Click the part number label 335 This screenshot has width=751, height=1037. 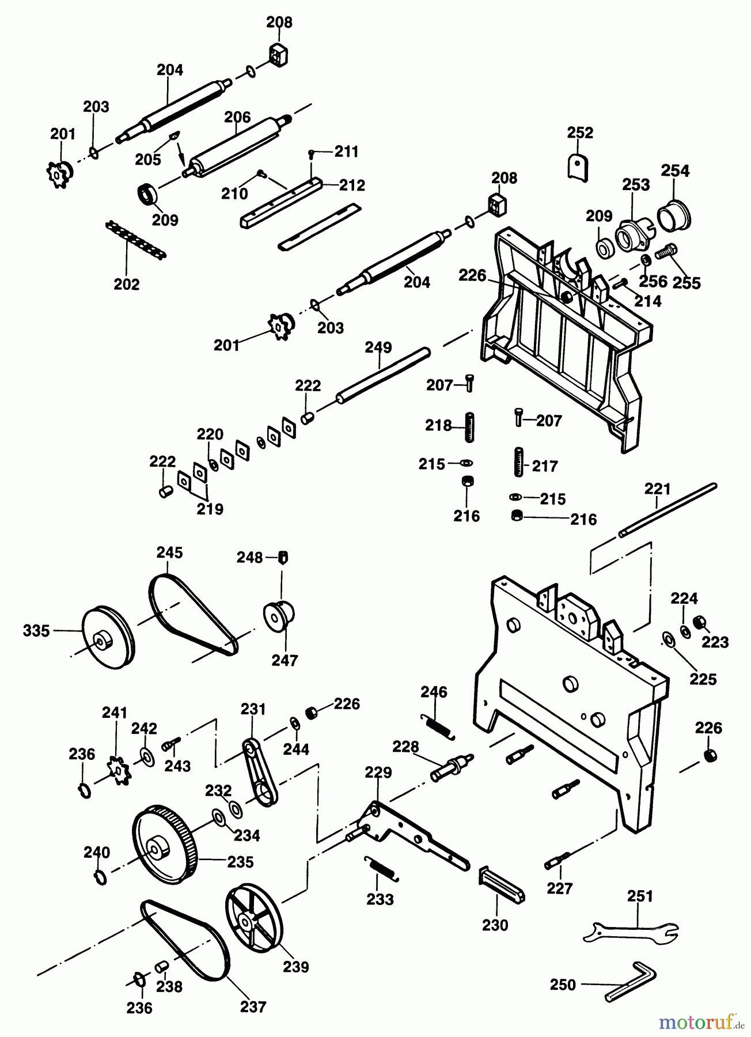[x=36, y=631]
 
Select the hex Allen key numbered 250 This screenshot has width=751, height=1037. [x=631, y=984]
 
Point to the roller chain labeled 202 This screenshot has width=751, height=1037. [x=136, y=240]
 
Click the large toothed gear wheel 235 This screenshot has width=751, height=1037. [x=165, y=845]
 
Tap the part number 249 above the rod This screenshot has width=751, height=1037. [x=378, y=347]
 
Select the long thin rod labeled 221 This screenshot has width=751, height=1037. [x=668, y=511]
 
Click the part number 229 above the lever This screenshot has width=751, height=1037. [x=378, y=773]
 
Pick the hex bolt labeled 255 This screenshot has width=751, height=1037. [x=666, y=252]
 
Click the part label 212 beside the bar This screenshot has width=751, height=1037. [x=352, y=185]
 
